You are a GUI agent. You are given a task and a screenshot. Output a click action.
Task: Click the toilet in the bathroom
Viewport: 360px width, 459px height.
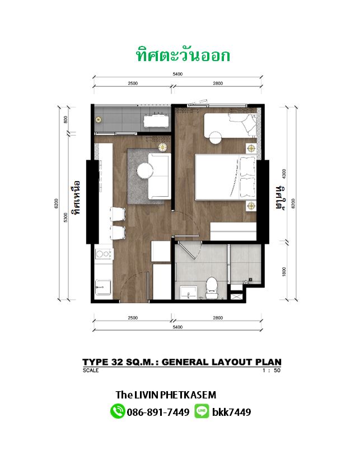(211, 288)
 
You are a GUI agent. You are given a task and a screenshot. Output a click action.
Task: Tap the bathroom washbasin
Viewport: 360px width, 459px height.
(189, 293)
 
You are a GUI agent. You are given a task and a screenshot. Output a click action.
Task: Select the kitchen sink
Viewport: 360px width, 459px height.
(103, 287)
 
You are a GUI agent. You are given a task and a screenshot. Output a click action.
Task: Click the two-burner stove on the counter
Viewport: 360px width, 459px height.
(104, 254)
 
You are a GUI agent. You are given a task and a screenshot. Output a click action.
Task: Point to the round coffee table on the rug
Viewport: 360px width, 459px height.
(145, 170)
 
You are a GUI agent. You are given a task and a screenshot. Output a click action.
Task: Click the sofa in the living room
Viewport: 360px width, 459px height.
(160, 176)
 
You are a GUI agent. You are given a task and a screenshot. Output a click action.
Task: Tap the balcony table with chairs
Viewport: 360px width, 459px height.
(156, 120)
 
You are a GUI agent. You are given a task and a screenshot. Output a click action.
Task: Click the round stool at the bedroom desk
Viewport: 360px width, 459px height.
(216, 137)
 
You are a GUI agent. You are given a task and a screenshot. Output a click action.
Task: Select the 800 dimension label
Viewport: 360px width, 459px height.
(66, 119)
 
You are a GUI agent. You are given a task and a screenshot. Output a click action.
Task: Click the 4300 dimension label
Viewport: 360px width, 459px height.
(284, 174)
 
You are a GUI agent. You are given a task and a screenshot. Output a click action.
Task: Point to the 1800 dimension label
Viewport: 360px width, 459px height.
(284, 271)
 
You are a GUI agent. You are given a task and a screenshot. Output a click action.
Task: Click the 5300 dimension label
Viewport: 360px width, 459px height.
(66, 217)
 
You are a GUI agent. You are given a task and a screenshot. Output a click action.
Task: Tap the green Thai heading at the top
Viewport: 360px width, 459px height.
(183, 55)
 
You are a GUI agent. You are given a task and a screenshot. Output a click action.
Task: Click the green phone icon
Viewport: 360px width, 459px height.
(118, 411)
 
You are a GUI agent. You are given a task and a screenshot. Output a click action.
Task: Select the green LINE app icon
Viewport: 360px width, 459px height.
(202, 411)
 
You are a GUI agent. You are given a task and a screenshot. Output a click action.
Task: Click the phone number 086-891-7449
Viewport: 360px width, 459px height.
(158, 412)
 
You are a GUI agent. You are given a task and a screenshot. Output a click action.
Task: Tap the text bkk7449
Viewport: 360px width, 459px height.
(232, 412)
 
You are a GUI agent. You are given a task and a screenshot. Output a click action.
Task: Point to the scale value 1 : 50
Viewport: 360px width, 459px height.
(272, 370)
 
